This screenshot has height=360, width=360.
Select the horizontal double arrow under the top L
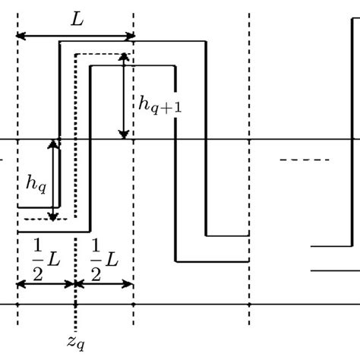pos(75,36)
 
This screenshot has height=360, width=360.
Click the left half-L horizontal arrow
pos(46,283)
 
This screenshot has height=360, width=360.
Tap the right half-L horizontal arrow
pos(105,283)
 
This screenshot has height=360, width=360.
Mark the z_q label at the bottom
pos(76,343)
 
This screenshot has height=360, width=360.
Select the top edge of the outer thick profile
pos(133,42)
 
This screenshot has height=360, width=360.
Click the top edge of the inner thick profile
pos(133,67)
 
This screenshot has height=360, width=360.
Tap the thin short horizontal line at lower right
pos(335,270)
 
